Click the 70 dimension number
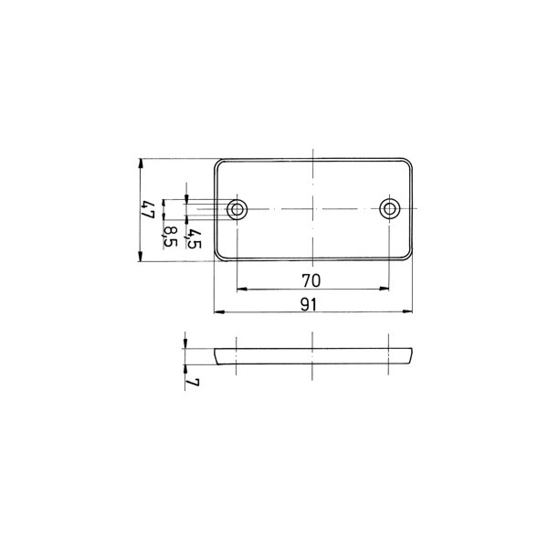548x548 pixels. click(311, 280)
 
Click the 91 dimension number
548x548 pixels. click(309, 305)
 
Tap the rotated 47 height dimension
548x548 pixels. click(147, 210)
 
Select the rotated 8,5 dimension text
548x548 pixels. click(170, 237)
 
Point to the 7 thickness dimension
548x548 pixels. click(193, 383)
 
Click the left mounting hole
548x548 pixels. click(237, 209)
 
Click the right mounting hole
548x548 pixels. click(389, 209)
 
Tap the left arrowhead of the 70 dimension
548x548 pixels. click(242, 289)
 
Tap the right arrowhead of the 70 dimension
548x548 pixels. click(385, 289)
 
